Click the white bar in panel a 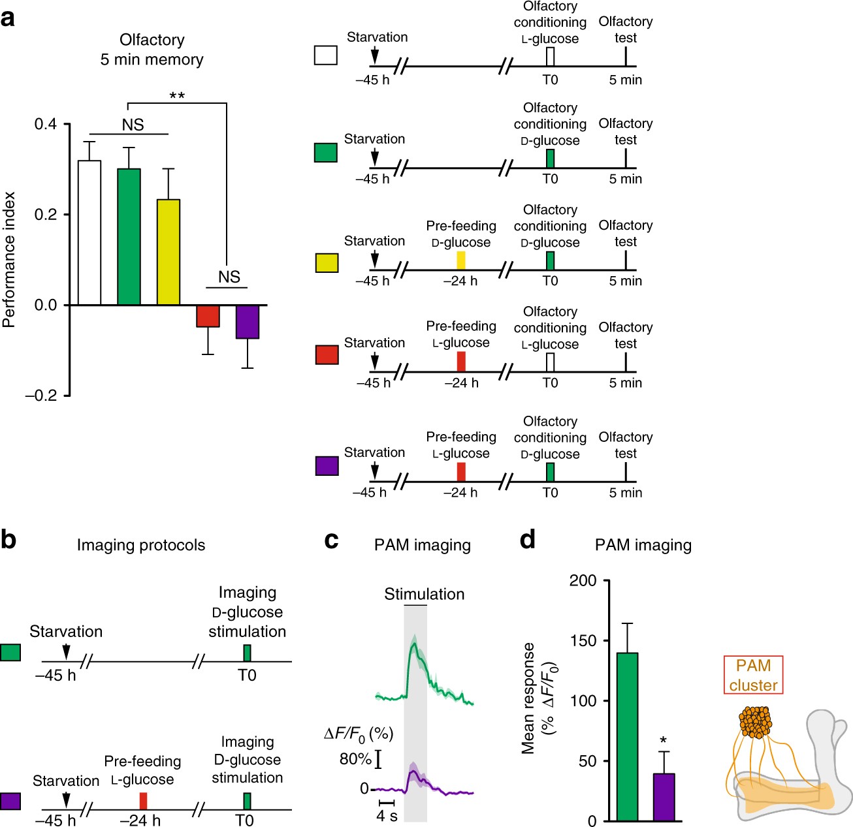click(89, 232)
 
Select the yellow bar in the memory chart click(169, 252)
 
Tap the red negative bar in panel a click(208, 316)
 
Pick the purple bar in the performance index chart click(248, 321)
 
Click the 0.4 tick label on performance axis click(46, 124)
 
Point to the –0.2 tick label click(41, 395)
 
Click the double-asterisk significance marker click(177, 97)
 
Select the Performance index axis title click(9, 259)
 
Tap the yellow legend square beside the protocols click(327, 262)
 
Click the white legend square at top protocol click(326, 55)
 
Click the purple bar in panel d click(664, 797)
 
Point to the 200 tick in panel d click(583, 580)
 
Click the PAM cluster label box click(753, 676)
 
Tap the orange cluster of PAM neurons click(756, 723)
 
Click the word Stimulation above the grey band click(424, 594)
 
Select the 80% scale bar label click(355, 758)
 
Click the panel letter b click(8, 540)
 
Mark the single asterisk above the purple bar click(664, 741)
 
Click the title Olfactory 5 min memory click(152, 50)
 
